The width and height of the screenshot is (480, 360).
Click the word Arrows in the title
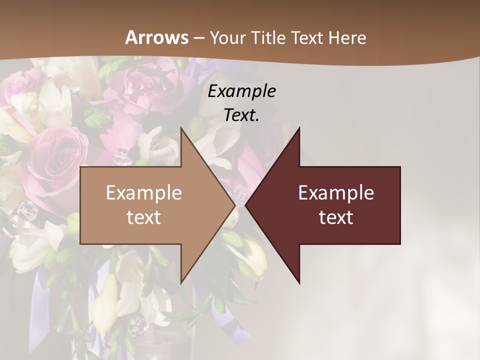pos(156,37)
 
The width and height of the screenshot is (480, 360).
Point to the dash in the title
pos(198,38)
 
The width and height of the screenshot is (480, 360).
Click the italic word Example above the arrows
pos(242,91)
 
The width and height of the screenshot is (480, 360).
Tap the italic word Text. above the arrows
pos(242,115)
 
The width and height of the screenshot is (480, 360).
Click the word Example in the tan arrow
pos(144,192)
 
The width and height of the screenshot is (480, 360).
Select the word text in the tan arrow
pos(144,217)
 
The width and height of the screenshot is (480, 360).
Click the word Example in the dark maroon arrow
pos(336,192)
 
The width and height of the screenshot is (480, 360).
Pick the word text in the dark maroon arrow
pos(336,217)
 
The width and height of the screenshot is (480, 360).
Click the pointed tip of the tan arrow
pos(235,205)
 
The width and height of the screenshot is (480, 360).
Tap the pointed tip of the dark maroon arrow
pos(245,205)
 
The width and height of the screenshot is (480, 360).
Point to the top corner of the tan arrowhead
pos(181,127)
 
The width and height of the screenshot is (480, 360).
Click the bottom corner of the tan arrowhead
pos(181,283)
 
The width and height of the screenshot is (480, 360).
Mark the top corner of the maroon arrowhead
pos(299,127)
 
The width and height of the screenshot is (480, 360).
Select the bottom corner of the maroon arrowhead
pos(299,283)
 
